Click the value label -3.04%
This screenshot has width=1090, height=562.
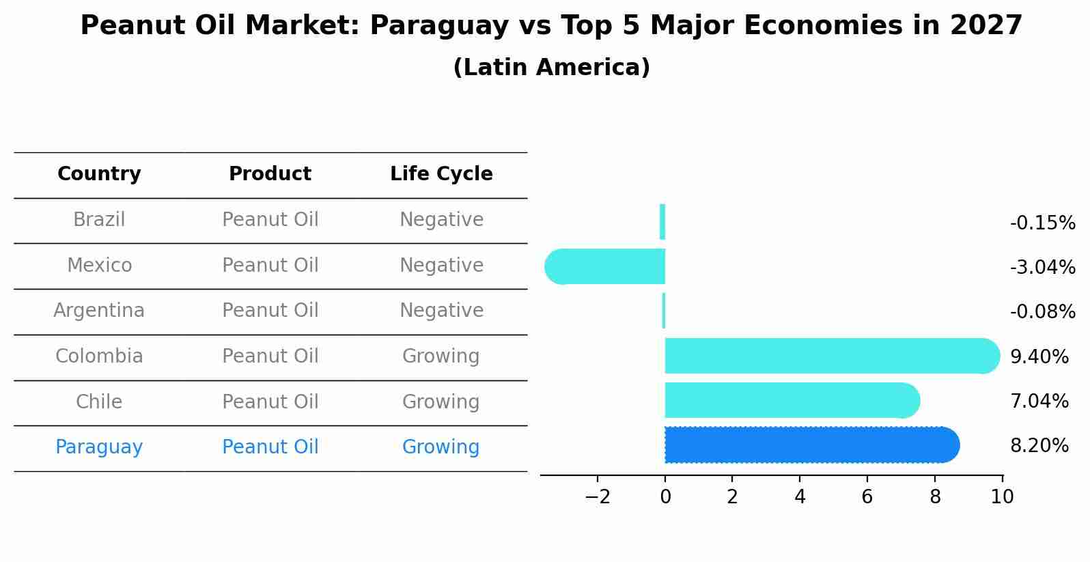pos(1042,268)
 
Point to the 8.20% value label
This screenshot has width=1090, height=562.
pos(1039,446)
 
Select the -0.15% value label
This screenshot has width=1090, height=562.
pos(1042,223)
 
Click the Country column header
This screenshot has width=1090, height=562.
pos(99,174)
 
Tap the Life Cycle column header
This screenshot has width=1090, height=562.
pos(441,174)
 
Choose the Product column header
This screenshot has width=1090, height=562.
pos(270,174)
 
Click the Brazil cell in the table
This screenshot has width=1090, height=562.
pos(99,220)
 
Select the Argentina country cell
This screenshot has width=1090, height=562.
pos(99,311)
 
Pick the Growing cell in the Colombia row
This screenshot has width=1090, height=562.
pos(441,356)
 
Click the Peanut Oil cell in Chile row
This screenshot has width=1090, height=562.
pos(270,402)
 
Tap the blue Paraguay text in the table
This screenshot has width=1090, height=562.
pos(99,447)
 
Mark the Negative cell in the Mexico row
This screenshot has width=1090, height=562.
pos(441,265)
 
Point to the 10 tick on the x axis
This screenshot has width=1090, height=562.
pos(1002,497)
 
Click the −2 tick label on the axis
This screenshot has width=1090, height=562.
pos(597,497)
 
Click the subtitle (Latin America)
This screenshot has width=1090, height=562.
pos(551,68)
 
